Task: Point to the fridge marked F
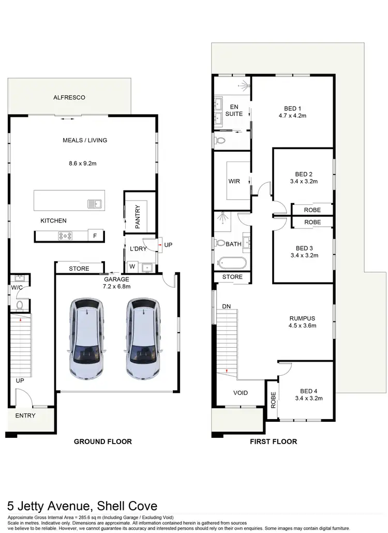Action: (95, 236)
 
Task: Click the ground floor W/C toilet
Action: (19, 306)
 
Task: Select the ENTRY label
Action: (25, 416)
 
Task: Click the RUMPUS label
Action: (303, 318)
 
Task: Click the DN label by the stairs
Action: (226, 306)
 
